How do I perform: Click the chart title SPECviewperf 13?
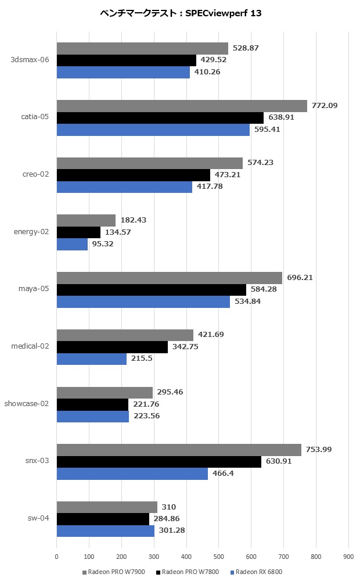179,14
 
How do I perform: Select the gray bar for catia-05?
182,106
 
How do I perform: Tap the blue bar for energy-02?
72,244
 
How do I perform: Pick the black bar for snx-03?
159,461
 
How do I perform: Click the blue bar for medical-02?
91,359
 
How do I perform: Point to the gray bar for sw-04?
107,507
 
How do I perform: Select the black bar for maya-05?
151,289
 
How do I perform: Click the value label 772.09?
325,106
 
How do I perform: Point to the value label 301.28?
172,530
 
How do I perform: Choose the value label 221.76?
146,404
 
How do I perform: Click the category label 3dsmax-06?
30,59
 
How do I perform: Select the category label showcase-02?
27,404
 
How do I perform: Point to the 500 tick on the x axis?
218,557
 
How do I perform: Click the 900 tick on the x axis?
348,557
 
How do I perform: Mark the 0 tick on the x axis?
56,557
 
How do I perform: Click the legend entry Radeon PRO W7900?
116,572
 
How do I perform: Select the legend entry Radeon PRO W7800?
187,572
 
